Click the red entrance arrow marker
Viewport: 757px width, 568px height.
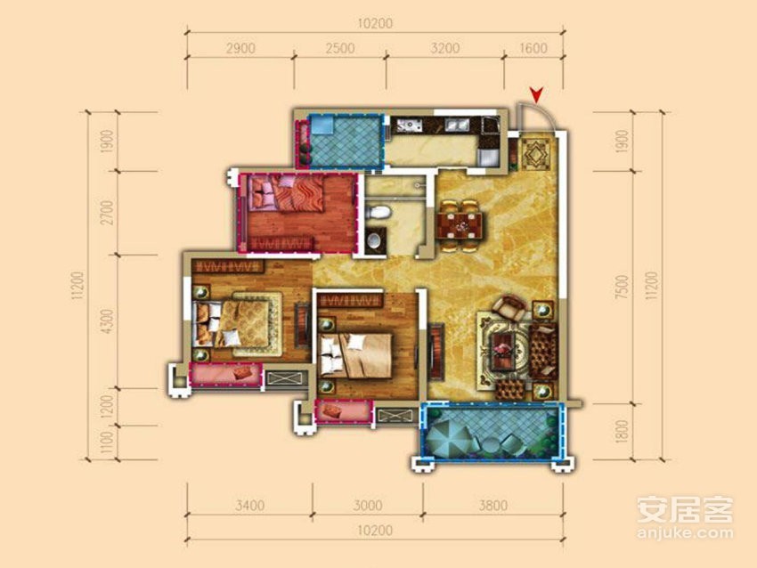pyautogui.click(x=536, y=94)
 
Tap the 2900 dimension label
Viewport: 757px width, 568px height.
pyautogui.click(x=240, y=48)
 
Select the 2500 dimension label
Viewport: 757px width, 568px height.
pyautogui.click(x=340, y=48)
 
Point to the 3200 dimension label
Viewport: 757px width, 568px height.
pyautogui.click(x=444, y=48)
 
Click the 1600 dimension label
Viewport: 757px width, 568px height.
pyautogui.click(x=534, y=48)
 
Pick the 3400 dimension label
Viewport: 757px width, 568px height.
pyautogui.click(x=249, y=506)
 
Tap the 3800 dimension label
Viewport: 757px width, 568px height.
pyautogui.click(x=492, y=506)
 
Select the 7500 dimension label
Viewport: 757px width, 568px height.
pyautogui.click(x=623, y=288)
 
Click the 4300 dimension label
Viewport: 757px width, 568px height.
pyautogui.click(x=109, y=321)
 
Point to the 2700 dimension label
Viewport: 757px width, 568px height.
pyautogui.click(x=109, y=213)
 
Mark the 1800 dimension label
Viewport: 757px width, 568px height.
pyautogui.click(x=623, y=432)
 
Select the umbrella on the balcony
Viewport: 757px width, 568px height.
pyautogui.click(x=449, y=438)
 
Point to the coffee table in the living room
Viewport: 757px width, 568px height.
pyautogui.click(x=506, y=349)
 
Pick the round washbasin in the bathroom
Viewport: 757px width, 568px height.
pyautogui.click(x=375, y=239)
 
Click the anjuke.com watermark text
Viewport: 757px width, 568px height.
pyautogui.click(x=685, y=533)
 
